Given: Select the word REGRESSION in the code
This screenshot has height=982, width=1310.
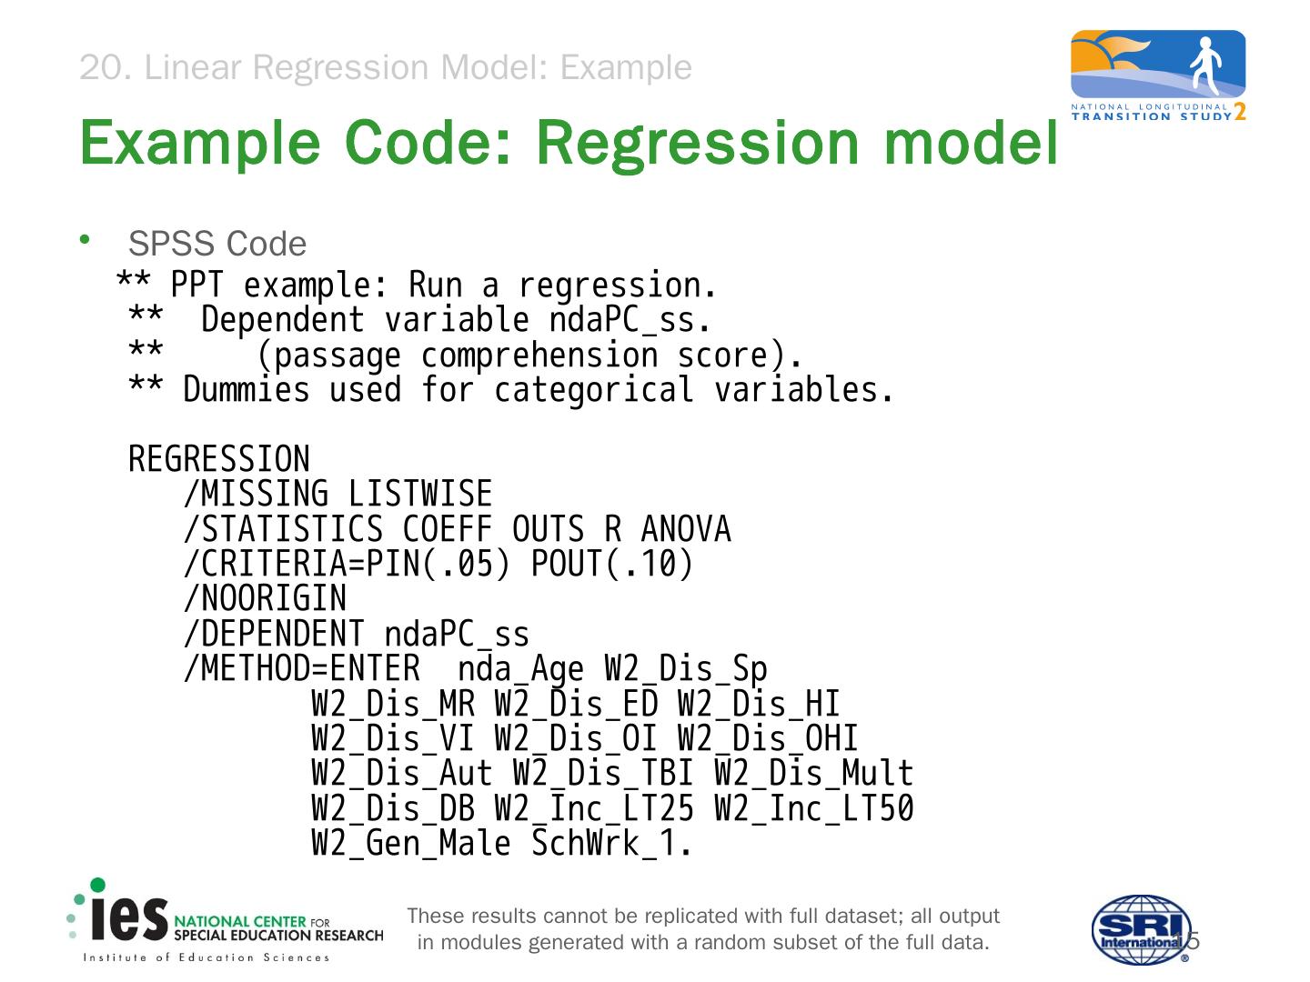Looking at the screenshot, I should tap(218, 459).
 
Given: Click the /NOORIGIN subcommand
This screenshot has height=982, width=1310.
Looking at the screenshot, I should tap(265, 599).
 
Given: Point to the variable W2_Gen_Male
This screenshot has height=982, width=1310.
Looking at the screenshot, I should tap(411, 844).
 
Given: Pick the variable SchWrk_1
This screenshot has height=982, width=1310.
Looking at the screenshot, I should tap(611, 844).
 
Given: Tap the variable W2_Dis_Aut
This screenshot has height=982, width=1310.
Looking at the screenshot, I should tap(402, 774).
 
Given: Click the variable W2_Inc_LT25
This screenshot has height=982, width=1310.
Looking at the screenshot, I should tap(594, 808).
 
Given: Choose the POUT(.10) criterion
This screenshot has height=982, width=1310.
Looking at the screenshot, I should tap(611, 565).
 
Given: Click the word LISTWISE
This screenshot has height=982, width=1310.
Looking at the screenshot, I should tap(419, 495).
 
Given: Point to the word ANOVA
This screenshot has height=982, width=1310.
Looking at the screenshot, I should tap(685, 529).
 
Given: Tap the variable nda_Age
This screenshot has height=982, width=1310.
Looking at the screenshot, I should tap(520, 670).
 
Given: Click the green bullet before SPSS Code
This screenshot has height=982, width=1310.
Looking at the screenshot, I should tap(85, 239).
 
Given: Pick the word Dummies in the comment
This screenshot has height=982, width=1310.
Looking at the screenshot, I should tap(247, 390).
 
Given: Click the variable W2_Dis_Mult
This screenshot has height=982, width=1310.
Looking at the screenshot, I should tap(813, 774).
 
